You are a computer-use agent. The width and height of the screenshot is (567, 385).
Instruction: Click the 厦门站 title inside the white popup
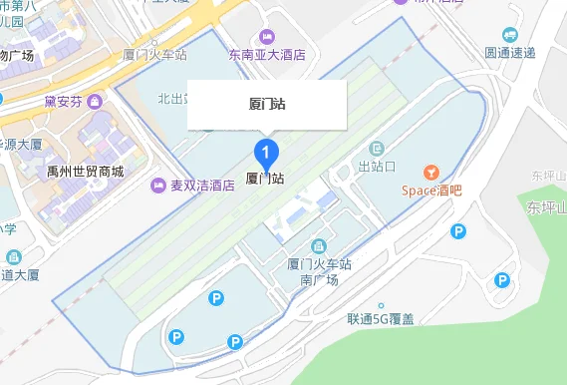(x=266, y=103)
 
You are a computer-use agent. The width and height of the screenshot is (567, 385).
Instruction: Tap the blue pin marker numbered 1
(x=266, y=154)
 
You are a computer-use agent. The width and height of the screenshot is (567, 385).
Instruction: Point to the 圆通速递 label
(x=510, y=52)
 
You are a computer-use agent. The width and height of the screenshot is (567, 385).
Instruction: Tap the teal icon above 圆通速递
(x=510, y=34)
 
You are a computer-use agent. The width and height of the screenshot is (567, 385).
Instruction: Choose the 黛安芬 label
(x=64, y=100)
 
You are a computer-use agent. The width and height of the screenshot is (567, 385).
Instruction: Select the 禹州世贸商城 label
(x=86, y=172)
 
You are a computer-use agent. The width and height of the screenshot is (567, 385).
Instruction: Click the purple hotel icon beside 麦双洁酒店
(x=157, y=186)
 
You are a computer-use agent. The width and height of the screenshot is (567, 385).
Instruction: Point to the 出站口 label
(x=378, y=166)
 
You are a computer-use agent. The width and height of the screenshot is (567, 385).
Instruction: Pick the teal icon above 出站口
(x=377, y=148)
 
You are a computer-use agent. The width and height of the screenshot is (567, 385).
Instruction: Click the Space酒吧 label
(x=431, y=191)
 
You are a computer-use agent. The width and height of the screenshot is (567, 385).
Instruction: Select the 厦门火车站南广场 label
(x=320, y=272)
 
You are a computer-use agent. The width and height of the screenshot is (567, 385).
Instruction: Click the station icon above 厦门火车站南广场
(x=319, y=245)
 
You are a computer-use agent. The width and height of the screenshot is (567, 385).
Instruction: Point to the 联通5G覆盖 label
(x=381, y=320)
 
